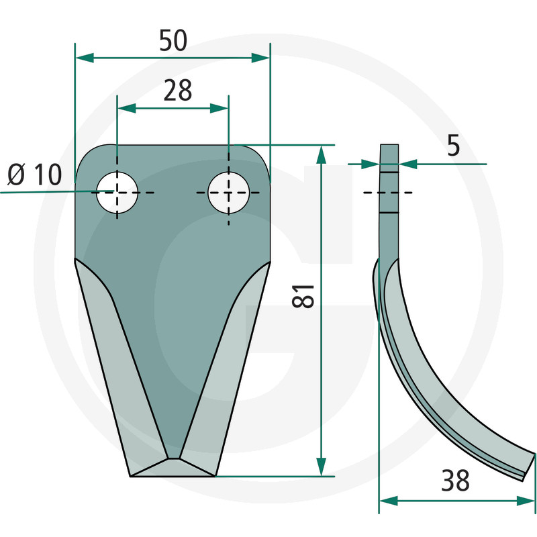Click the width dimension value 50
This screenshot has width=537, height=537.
[x=173, y=40]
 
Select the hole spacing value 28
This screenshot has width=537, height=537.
[x=177, y=91]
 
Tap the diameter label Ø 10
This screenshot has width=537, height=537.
[x=35, y=175]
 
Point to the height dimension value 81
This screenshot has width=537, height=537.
[x=303, y=296]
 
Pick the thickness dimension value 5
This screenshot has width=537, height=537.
[x=454, y=146]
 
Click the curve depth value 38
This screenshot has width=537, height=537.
[x=455, y=481]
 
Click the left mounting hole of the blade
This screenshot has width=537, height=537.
[x=117, y=193]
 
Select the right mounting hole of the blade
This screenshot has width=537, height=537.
[x=229, y=193]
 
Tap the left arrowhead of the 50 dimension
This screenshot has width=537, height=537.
[x=85, y=58]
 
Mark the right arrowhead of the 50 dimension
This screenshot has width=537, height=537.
[x=260, y=58]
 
